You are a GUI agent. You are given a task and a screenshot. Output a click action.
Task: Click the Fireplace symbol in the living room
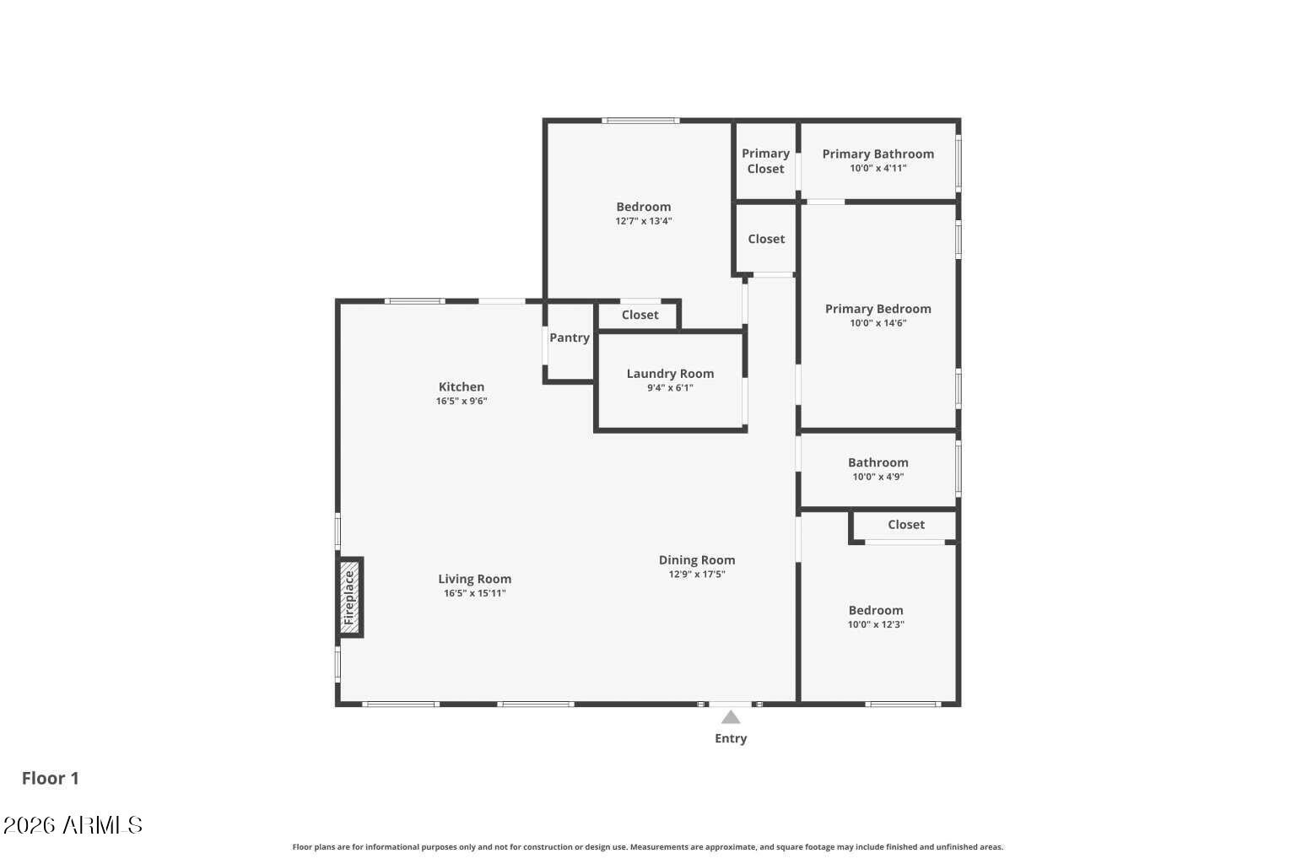tap(349, 597)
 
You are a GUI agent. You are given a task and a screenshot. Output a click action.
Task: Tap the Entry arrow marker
tap(731, 717)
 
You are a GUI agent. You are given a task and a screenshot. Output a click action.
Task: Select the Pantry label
tap(570, 337)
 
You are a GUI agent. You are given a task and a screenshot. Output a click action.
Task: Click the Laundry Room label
tap(670, 374)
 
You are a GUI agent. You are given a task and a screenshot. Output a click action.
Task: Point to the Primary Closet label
tap(765, 161)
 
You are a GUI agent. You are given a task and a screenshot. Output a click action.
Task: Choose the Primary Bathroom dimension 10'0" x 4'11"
tap(877, 168)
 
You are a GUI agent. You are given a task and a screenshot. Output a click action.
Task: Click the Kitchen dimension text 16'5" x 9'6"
tap(462, 401)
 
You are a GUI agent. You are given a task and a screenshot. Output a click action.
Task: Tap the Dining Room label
tap(697, 560)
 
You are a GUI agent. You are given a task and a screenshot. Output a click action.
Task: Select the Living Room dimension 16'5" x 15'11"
tap(474, 593)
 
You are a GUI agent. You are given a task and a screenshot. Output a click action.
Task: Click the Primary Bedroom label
tap(877, 309)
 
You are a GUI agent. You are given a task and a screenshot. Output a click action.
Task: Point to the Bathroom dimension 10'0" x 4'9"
tap(877, 477)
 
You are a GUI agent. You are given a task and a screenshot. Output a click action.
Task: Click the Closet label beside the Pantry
tap(640, 315)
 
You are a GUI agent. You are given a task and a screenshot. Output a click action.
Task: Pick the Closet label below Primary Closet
tap(766, 239)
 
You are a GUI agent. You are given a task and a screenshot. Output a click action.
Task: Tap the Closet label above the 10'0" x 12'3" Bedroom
tap(906, 525)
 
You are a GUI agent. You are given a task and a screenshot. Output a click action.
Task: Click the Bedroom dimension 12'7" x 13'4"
tap(643, 221)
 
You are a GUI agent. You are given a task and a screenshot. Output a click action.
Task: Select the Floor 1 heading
tap(51, 778)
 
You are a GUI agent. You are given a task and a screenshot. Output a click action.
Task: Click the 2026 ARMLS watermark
tap(73, 824)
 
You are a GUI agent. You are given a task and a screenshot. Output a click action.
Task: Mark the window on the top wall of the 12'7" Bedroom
tap(640, 121)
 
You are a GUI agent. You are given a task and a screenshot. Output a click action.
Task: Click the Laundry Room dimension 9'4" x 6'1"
tap(670, 388)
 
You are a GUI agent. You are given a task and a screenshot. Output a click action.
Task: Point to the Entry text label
tap(731, 738)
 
